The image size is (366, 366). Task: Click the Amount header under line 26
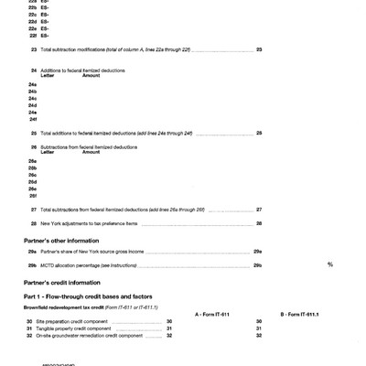(91, 152)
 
